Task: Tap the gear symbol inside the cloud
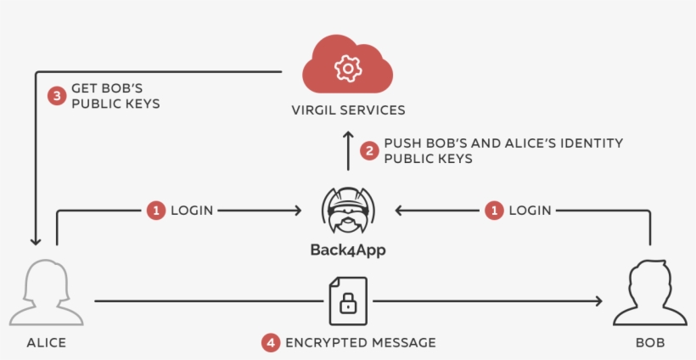(347, 69)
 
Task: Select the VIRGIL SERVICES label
(348, 110)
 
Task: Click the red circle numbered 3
(57, 96)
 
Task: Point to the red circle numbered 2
(369, 151)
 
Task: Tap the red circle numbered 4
(270, 343)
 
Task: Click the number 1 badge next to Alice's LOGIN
(155, 210)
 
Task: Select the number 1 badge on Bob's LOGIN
(493, 210)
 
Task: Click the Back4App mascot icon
(348, 211)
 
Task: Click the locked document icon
(348, 301)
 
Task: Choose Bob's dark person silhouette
(650, 293)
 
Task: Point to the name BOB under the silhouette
(650, 343)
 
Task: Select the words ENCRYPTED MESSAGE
(360, 343)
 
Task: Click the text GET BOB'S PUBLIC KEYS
(115, 96)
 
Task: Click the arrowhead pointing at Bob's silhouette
(598, 301)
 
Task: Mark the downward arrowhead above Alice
(36, 239)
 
